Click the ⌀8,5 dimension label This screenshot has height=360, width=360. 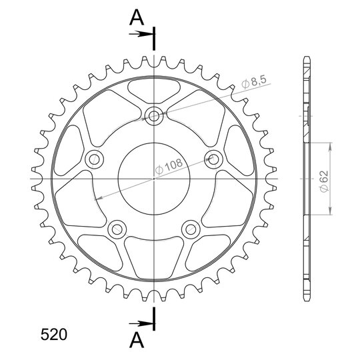coord(254,82)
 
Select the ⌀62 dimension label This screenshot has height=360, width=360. coord(325,181)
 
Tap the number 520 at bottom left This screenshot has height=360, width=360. coord(54,335)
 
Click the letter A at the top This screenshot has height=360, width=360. coord(137,18)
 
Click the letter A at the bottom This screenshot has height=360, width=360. coord(137,340)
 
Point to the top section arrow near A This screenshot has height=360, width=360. coord(141,34)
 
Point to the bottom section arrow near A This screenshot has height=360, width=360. coord(141,324)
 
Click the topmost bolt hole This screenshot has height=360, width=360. coord(154,116)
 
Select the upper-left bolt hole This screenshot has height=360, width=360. coord(95,159)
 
